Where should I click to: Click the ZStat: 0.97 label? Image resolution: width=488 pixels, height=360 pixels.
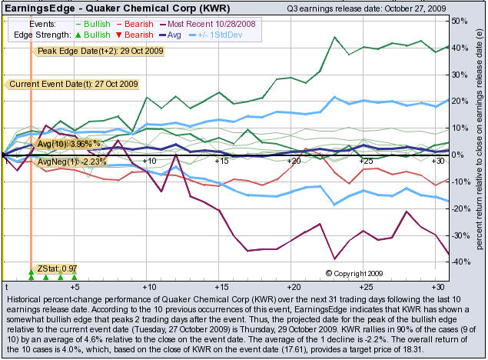[55, 268]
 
